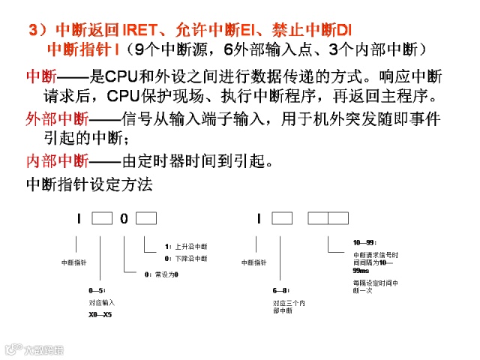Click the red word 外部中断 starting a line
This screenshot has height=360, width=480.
[x=56, y=119]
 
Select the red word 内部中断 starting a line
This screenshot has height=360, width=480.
[x=56, y=160]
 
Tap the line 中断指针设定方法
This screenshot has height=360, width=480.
[x=89, y=183]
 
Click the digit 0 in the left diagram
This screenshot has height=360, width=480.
[x=124, y=219]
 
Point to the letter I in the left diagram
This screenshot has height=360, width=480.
[x=77, y=219]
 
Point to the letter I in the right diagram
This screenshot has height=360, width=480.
[x=257, y=219]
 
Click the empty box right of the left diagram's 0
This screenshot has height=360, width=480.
[x=146, y=219]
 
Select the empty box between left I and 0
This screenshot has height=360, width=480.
[x=101, y=219]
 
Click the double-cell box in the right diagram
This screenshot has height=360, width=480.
[x=328, y=219]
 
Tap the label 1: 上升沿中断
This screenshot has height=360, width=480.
[x=186, y=246]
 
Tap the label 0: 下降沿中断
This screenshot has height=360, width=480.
[x=186, y=259]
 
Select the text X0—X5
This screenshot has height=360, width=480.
[x=100, y=314]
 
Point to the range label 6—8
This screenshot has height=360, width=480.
[x=280, y=289]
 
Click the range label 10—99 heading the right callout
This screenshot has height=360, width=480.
[x=363, y=243]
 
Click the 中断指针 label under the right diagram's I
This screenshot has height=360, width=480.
[x=254, y=263]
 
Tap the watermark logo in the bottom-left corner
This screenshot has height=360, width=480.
[x=34, y=349]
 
